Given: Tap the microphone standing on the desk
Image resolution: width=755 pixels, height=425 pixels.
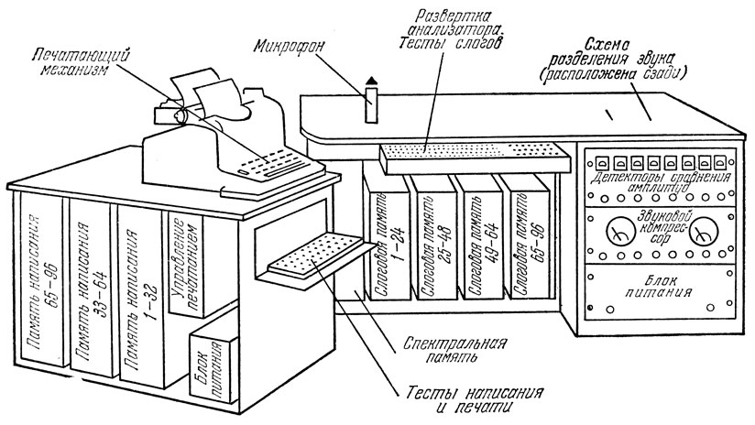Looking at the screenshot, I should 371,102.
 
